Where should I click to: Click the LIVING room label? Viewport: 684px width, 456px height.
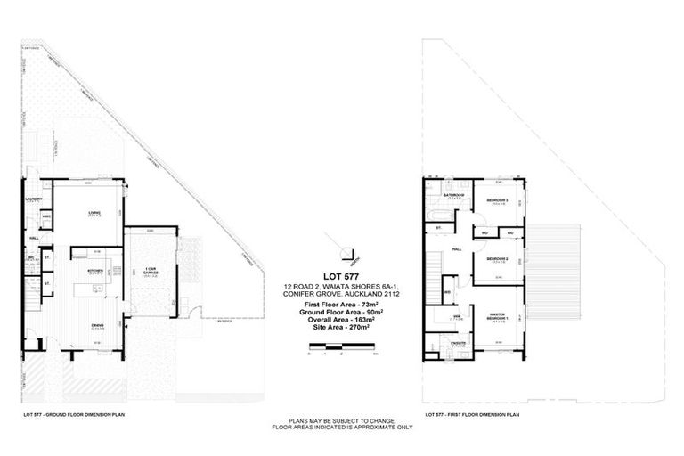(93, 212)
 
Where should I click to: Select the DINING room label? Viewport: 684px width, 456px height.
(97, 324)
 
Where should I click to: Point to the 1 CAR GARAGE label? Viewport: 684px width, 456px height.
(150, 270)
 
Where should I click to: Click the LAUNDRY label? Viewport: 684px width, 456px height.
(34, 199)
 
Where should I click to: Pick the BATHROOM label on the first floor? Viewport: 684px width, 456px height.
(456, 194)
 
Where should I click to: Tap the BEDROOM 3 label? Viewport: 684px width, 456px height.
(498, 200)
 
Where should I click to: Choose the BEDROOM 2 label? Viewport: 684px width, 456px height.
(498, 258)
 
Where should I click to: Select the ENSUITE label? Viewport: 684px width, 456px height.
(458, 341)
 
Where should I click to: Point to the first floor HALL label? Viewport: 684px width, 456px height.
(456, 249)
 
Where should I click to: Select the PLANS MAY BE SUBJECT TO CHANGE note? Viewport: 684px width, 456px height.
(342, 421)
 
